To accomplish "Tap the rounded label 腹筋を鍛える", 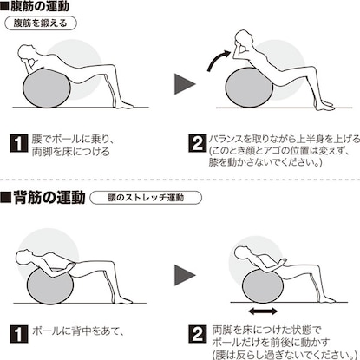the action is (41, 23).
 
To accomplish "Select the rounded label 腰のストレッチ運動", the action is (146, 198).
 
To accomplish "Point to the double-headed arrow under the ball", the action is (263, 311).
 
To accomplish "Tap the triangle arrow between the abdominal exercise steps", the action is (185, 84).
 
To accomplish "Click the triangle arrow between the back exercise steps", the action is (185, 275).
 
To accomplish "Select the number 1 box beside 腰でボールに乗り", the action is (19, 143).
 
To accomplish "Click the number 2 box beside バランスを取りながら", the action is (198, 143).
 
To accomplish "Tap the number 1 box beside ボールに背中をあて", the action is (19, 334).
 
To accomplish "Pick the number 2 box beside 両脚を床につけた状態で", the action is (198, 334).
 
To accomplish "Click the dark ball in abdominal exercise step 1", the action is (46, 88).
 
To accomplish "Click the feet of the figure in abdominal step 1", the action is (124, 105).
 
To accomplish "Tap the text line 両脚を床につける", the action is (71, 152).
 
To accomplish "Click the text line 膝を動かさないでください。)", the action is (265, 162).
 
